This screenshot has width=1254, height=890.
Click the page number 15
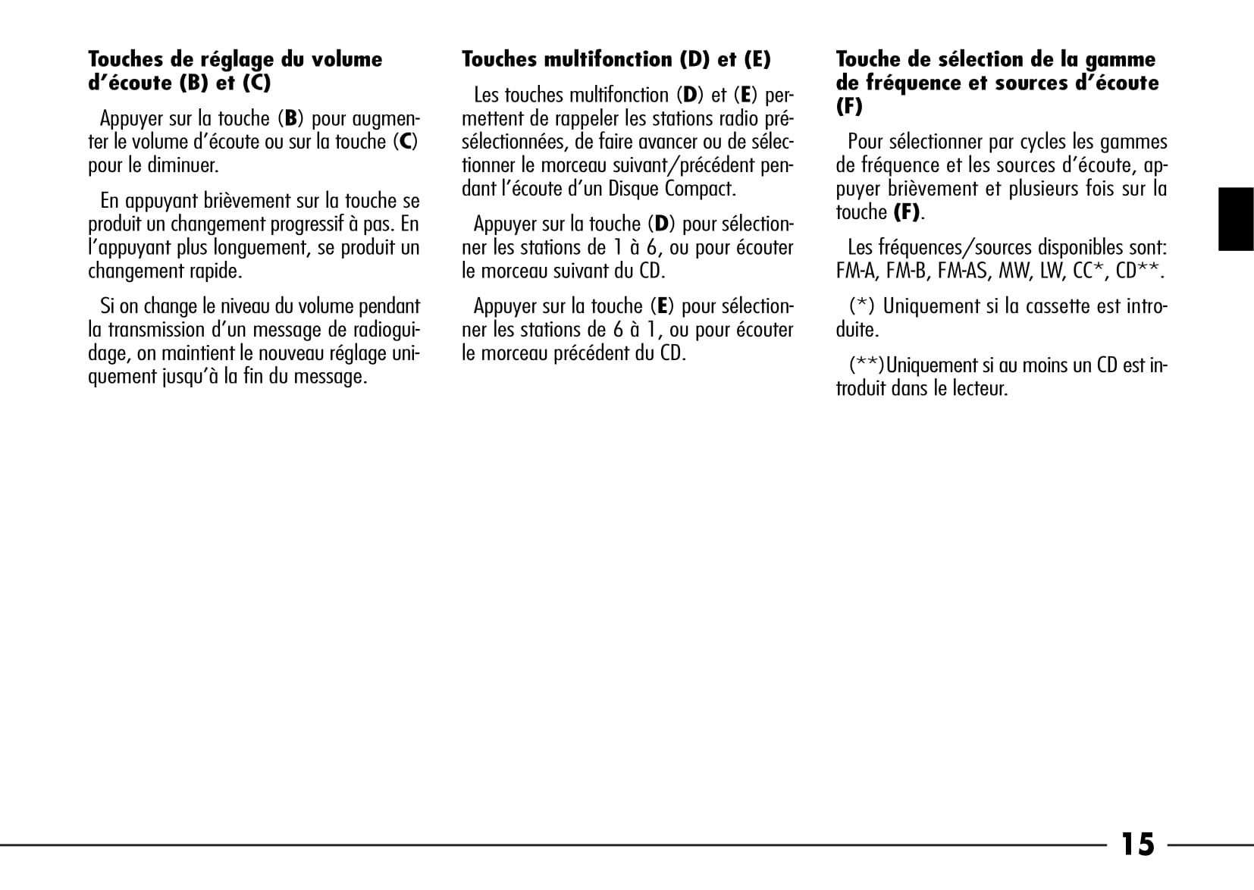pos(1137,844)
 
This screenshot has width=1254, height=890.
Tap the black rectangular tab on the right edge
pos(1235,219)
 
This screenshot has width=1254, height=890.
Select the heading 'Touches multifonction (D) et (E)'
pos(616,59)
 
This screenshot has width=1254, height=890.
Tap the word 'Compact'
pos(700,189)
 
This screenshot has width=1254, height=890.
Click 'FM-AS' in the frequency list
pos(963,271)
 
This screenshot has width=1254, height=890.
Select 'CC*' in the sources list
pos(1089,271)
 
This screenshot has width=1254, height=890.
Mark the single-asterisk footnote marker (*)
pos(861,306)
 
